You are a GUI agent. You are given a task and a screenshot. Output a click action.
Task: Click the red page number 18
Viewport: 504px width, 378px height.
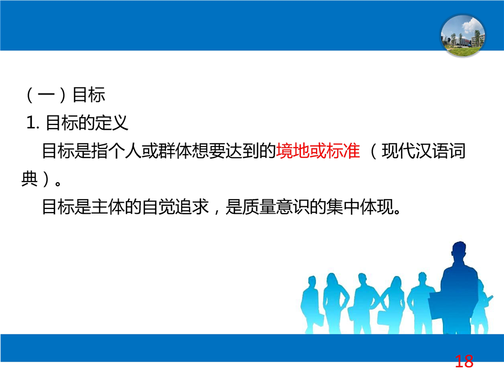click(464, 361)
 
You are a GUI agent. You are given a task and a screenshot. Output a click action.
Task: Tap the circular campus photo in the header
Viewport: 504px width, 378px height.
click(463, 36)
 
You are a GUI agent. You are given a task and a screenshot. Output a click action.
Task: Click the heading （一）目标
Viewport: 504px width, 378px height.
click(66, 94)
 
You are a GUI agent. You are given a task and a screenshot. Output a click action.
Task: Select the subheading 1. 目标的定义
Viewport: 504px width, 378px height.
click(77, 123)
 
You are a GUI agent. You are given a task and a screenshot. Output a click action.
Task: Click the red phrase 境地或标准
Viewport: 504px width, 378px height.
click(318, 151)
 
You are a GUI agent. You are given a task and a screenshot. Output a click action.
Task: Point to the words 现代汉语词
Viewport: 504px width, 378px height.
click(424, 151)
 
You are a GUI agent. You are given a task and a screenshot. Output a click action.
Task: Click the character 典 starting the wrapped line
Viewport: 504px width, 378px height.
click(29, 178)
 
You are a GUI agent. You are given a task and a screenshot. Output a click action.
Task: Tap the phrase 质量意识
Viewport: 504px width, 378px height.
click(276, 207)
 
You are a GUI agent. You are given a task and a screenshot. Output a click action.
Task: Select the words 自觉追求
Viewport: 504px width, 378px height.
click(175, 207)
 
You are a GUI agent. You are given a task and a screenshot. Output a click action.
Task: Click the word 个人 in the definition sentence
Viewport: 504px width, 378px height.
click(125, 151)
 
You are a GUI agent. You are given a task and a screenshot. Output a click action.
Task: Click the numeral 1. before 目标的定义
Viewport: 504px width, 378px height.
click(33, 123)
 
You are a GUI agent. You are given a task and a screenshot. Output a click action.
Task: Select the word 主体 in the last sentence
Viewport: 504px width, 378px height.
click(109, 207)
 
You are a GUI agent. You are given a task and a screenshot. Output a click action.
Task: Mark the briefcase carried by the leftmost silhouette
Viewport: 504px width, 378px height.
click(318, 318)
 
